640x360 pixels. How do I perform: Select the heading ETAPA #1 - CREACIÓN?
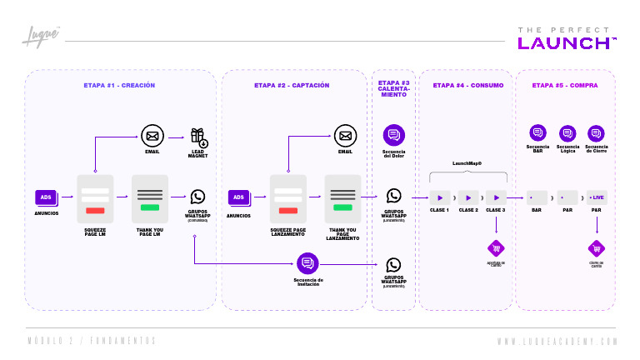[x=119, y=85]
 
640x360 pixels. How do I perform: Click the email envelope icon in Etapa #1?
[x=151, y=136]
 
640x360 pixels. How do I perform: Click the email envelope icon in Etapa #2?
[x=345, y=135]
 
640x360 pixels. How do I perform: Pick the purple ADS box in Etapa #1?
[x=46, y=197]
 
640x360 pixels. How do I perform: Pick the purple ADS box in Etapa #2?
[x=238, y=197]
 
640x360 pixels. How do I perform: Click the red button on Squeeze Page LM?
[x=95, y=210]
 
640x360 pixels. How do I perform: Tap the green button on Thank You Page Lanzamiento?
[x=342, y=207]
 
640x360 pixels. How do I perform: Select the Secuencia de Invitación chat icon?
[x=307, y=263]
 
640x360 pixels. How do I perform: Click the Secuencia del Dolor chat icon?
[x=393, y=134]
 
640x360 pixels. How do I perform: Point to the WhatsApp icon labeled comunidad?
[x=197, y=197]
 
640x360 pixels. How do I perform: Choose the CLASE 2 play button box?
[x=468, y=197]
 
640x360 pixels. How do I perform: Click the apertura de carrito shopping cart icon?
[x=496, y=248]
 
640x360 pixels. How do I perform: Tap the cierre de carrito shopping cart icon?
[x=596, y=248]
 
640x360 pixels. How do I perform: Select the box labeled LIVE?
[x=596, y=197]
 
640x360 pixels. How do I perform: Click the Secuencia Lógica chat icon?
[x=567, y=132]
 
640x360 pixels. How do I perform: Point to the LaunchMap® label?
[x=467, y=164]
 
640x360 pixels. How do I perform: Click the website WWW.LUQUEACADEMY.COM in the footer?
[x=557, y=342]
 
